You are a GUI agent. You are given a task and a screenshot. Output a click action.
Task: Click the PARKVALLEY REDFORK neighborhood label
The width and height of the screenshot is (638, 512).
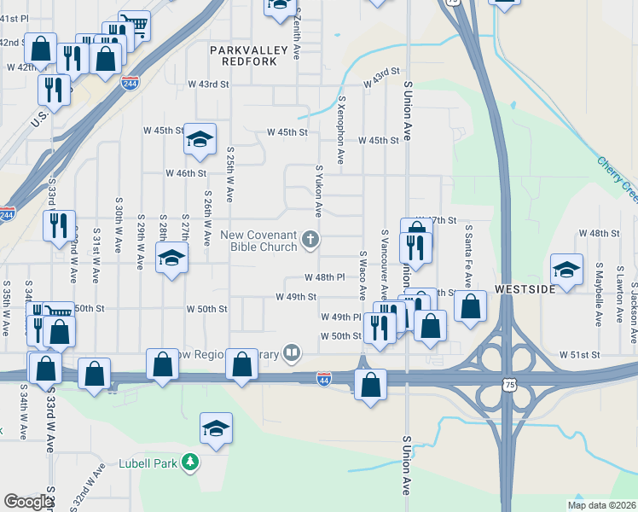click(245, 56)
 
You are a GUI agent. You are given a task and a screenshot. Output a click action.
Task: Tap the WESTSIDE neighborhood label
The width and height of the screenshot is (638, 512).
click(524, 288)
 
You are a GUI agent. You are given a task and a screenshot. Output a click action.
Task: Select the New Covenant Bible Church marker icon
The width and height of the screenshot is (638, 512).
click(311, 240)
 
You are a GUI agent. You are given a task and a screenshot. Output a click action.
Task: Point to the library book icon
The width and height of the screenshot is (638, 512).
click(293, 352)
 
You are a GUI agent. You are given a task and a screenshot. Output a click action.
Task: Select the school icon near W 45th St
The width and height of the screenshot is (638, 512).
click(200, 139)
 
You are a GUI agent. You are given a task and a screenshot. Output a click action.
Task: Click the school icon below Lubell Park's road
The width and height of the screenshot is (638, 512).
click(217, 428)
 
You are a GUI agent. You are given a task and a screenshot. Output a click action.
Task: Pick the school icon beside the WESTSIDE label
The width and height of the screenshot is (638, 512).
click(566, 270)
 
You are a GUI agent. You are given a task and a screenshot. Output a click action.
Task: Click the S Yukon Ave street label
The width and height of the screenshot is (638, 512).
click(319, 191)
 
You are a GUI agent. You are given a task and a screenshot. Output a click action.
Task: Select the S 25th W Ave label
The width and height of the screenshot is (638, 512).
click(229, 173)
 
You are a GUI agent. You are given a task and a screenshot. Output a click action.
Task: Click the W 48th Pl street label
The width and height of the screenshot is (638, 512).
click(325, 277)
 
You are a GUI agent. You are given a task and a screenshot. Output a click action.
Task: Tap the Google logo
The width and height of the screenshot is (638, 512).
click(27, 502)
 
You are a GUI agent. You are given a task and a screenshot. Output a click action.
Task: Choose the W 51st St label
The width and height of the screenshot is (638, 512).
click(581, 354)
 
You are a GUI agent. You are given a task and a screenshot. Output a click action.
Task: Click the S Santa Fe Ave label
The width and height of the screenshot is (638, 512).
click(468, 255)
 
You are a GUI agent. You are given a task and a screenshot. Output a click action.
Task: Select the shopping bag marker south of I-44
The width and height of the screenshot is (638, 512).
click(371, 384)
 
